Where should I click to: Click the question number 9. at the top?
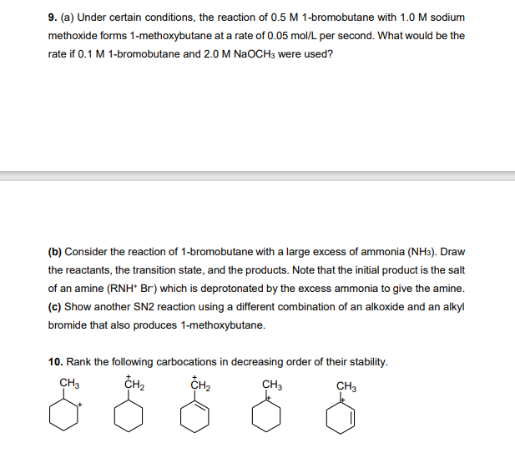(53, 18)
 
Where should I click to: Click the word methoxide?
(73, 36)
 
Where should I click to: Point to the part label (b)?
(54, 251)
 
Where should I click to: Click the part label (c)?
(54, 306)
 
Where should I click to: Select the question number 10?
(55, 361)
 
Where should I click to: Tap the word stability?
(366, 361)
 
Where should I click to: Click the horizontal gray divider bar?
(257, 175)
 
